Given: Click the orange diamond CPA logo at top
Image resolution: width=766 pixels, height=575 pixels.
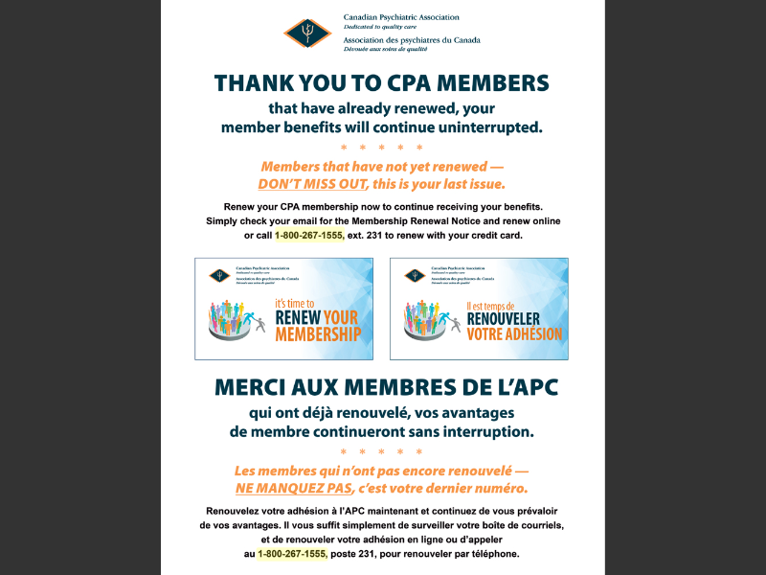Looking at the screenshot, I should point(307,32).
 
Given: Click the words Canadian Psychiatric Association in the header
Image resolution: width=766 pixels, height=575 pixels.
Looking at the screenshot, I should point(401,17).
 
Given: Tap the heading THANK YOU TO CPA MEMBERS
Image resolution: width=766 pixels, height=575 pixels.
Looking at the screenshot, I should point(382,82).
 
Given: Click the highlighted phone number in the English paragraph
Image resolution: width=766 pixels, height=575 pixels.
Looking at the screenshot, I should point(308,236).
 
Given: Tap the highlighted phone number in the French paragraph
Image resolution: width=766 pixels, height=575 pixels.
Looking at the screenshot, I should point(292,554).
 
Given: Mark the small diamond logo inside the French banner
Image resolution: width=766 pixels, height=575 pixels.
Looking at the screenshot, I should point(415,276).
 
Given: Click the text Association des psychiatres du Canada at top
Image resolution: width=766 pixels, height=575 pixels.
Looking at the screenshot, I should point(412,40).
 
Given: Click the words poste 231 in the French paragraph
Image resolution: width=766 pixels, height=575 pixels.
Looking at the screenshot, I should point(357,554).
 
